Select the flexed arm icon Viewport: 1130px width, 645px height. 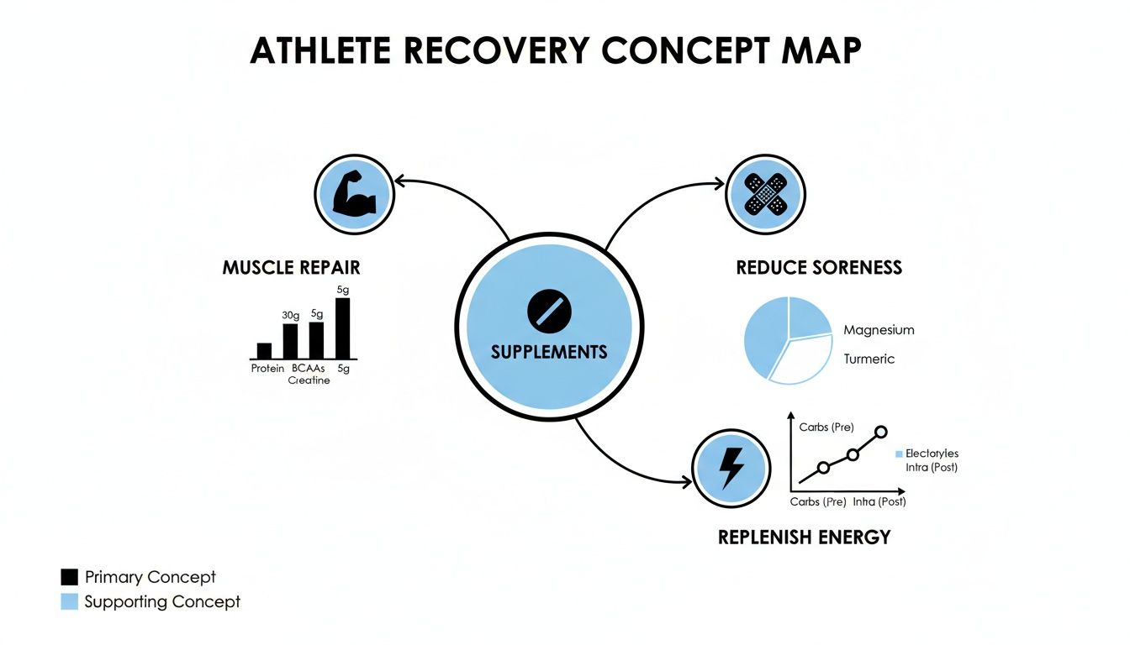tap(353, 196)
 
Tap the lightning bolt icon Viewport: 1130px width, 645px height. tap(731, 468)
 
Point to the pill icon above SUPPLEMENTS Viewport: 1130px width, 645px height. tap(549, 312)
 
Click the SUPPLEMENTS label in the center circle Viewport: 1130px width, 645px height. tap(549, 351)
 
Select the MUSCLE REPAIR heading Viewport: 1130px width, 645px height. tap(291, 268)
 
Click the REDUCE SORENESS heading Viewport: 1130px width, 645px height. tap(819, 268)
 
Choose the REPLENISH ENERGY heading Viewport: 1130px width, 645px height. tap(804, 537)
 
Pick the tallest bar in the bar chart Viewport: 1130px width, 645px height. tap(343, 328)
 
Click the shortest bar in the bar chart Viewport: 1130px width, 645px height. tap(264, 351)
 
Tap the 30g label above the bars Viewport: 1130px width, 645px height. tap(290, 315)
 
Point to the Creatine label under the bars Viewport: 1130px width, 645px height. tap(309, 380)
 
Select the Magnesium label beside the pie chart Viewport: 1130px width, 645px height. tap(879, 330)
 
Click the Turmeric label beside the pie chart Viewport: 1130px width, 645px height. tap(869, 359)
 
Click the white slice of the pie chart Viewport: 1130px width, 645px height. tap(799, 359)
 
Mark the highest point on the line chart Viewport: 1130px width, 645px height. tap(881, 433)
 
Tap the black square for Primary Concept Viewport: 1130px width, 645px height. tap(69, 577)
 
